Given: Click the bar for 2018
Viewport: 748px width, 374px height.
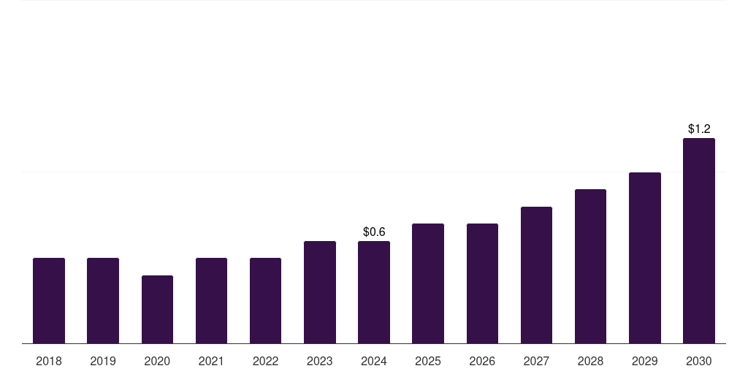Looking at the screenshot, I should [49, 300].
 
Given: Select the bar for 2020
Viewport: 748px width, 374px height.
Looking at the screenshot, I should [157, 309].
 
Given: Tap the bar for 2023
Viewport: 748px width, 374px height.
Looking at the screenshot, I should [320, 292].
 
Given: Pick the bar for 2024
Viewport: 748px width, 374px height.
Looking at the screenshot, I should [374, 292].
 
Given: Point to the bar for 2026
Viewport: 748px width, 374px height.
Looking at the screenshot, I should [482, 283].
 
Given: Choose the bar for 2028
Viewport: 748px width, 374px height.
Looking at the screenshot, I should [590, 266].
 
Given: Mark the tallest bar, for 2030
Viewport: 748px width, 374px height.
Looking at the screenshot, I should [699, 240].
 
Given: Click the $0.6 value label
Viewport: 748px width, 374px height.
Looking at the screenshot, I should [374, 232].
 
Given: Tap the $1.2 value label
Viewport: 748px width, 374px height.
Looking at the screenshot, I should [699, 129].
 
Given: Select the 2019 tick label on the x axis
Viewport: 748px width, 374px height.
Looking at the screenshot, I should [103, 361].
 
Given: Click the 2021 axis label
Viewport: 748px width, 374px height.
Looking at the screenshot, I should [211, 361].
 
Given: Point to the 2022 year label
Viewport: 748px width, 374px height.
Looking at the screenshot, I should [265, 361].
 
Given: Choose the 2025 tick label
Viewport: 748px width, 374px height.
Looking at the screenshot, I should [428, 361].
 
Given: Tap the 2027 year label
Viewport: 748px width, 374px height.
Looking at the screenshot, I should [536, 361].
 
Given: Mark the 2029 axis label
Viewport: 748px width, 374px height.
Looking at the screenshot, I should [644, 361].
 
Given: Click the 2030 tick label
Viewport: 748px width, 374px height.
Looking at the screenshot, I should [699, 361].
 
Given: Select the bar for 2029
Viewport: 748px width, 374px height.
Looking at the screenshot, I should [644, 258].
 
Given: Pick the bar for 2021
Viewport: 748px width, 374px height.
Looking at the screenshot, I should [211, 300].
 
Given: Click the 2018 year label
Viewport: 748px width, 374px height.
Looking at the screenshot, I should [49, 361].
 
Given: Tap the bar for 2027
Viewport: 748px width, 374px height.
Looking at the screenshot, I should [536, 275].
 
